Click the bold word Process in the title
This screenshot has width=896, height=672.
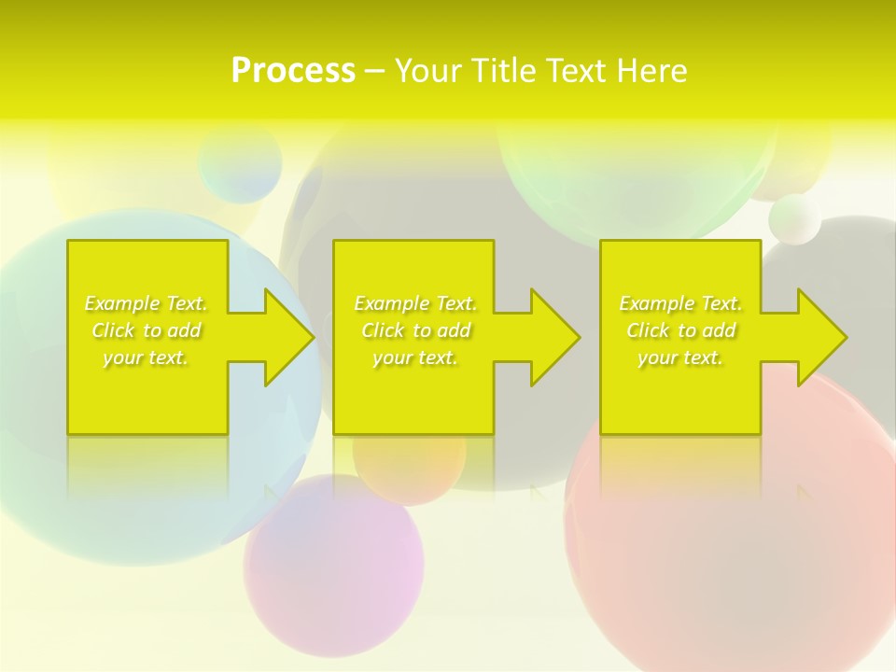[x=293, y=71]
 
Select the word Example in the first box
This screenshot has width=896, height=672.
[x=122, y=303]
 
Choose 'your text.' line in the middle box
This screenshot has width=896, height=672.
[x=414, y=357]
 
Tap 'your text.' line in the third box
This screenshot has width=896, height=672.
[x=679, y=357]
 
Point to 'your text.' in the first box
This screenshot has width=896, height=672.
[x=146, y=357]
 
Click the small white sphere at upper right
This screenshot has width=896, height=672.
[x=794, y=219]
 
